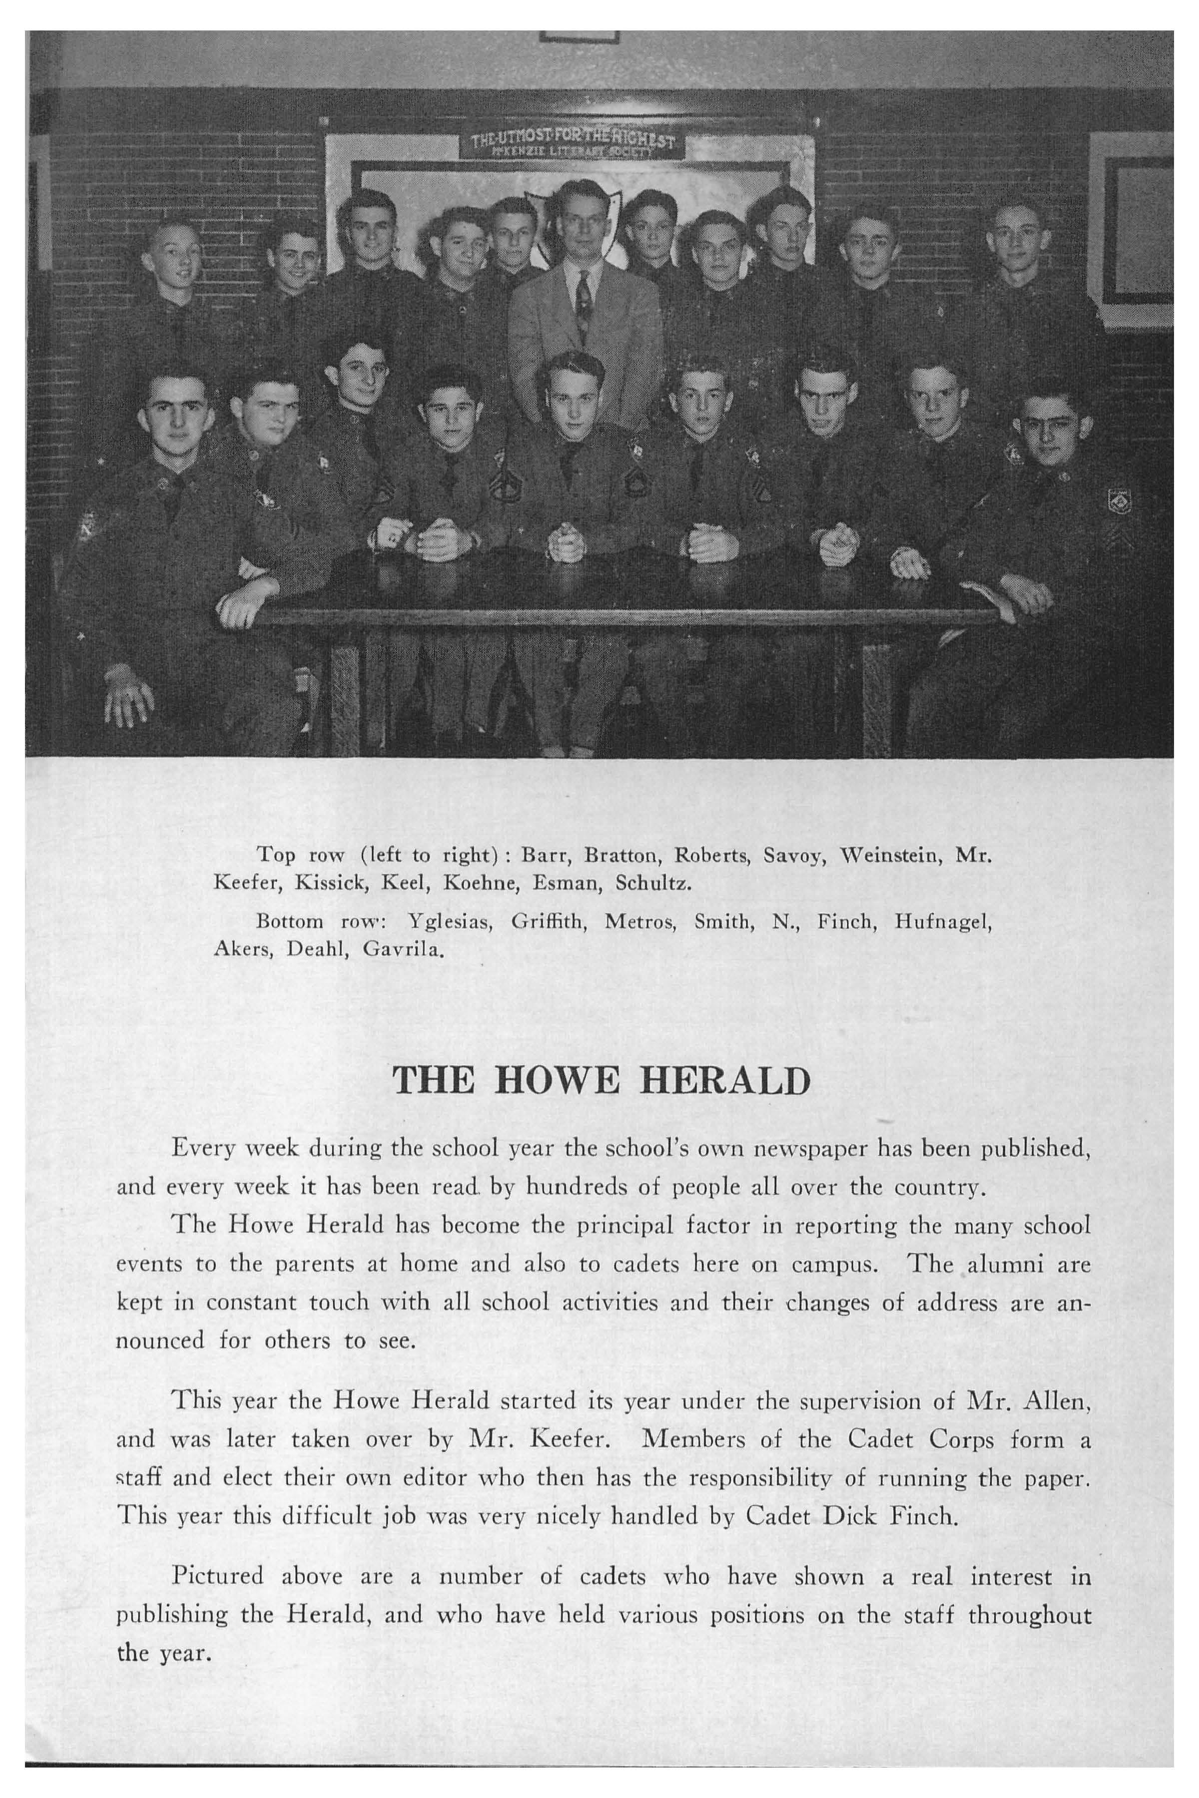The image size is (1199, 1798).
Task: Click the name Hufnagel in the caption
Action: pos(942,922)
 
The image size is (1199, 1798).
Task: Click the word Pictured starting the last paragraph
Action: pos(217,1576)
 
